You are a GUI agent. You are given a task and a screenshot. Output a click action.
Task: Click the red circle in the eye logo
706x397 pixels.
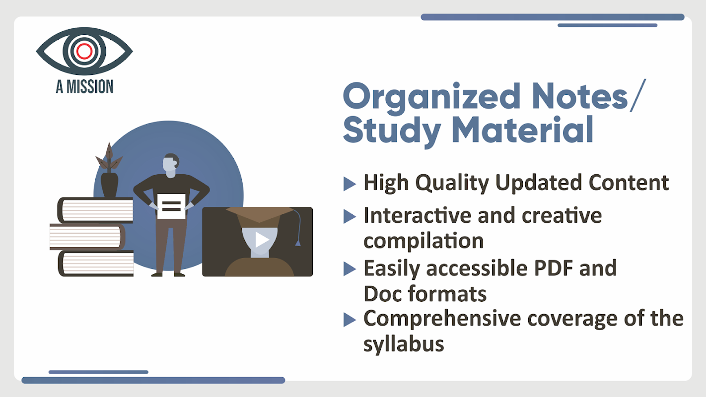(x=84, y=51)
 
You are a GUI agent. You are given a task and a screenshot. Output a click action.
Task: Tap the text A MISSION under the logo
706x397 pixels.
(x=84, y=87)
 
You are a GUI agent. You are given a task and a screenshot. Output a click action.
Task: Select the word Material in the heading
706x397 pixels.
(x=523, y=130)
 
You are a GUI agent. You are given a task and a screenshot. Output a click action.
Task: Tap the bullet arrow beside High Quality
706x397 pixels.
(x=350, y=184)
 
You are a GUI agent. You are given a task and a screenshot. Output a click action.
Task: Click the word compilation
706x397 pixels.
(x=424, y=241)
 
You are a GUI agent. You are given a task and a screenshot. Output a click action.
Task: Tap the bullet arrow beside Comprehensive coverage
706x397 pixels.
(x=350, y=320)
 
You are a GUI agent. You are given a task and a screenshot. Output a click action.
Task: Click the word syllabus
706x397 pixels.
(x=404, y=344)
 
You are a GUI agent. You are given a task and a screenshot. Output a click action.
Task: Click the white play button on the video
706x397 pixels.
(x=262, y=240)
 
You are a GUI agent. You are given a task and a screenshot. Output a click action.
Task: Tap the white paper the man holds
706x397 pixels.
(x=171, y=206)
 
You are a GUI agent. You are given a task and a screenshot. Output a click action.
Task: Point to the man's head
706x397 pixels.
(x=171, y=165)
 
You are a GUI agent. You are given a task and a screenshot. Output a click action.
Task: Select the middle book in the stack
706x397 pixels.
(x=87, y=237)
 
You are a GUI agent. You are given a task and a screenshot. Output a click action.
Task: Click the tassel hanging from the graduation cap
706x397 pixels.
(x=297, y=243)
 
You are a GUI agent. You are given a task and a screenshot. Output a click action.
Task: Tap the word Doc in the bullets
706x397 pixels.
(x=382, y=294)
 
